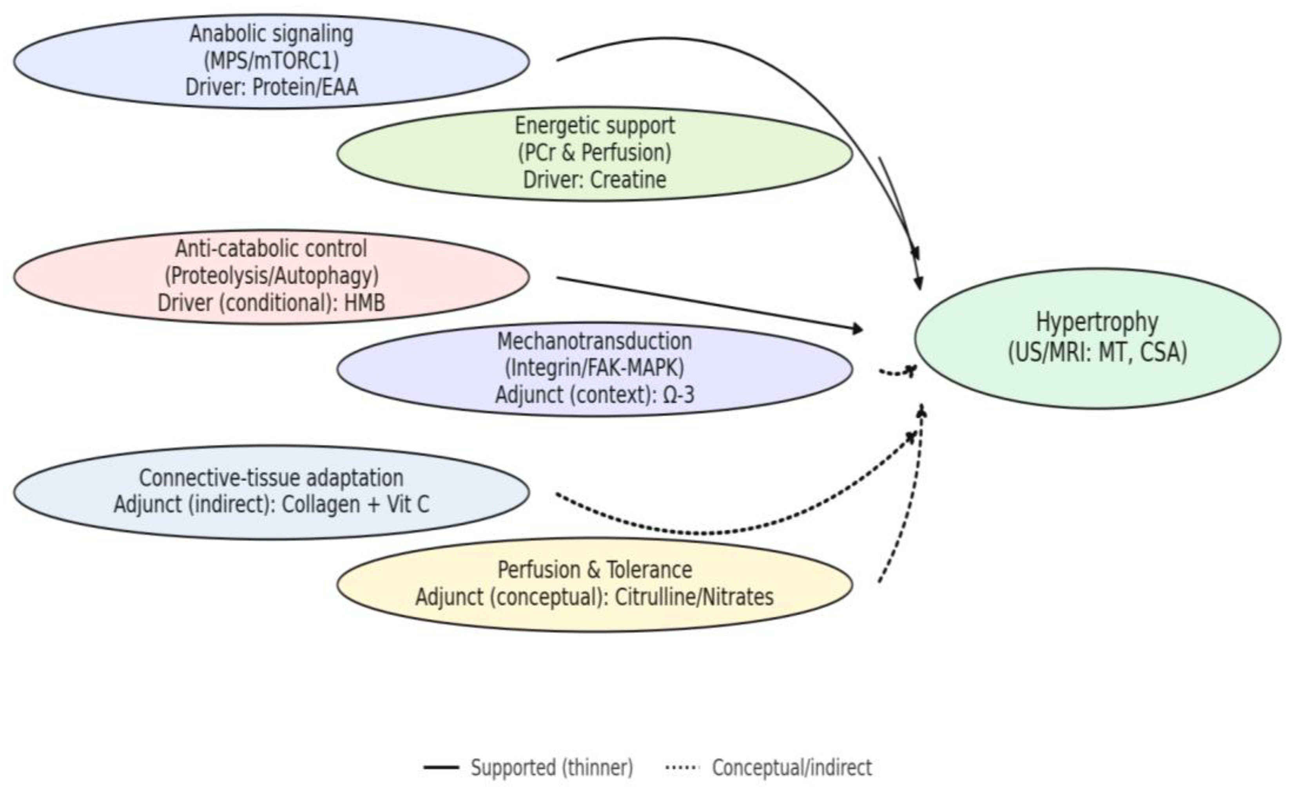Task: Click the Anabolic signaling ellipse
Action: [x=271, y=62]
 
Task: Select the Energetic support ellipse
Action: [x=595, y=153]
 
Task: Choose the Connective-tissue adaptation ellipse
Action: [x=271, y=492]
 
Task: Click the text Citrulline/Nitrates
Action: [x=693, y=597]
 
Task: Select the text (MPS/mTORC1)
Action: [x=271, y=61]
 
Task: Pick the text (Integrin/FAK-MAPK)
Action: [x=595, y=368]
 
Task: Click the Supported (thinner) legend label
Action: [x=551, y=768]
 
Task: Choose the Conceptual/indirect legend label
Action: [x=791, y=768]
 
